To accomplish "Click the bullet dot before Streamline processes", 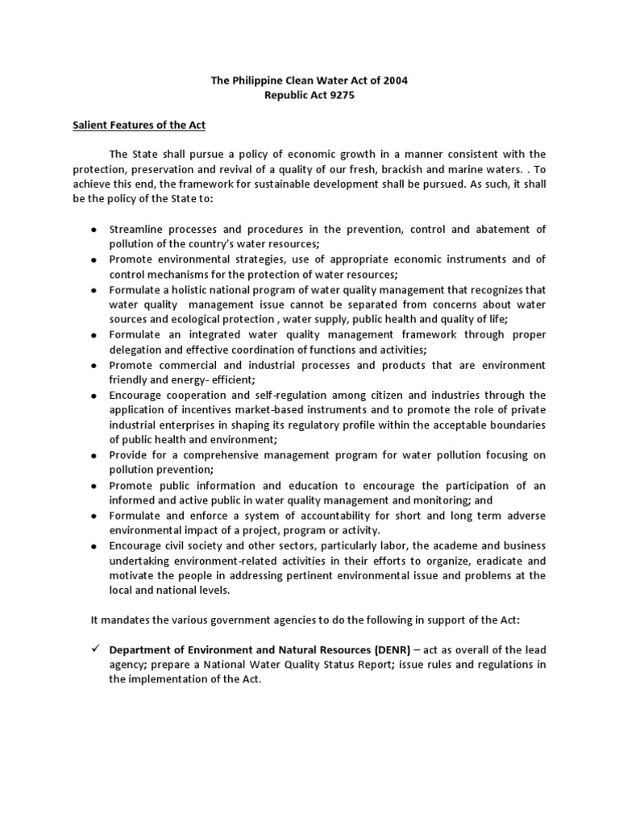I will pos(93,230).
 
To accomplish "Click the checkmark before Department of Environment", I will pos(93,649).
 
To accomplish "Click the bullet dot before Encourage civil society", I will pos(93,546).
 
